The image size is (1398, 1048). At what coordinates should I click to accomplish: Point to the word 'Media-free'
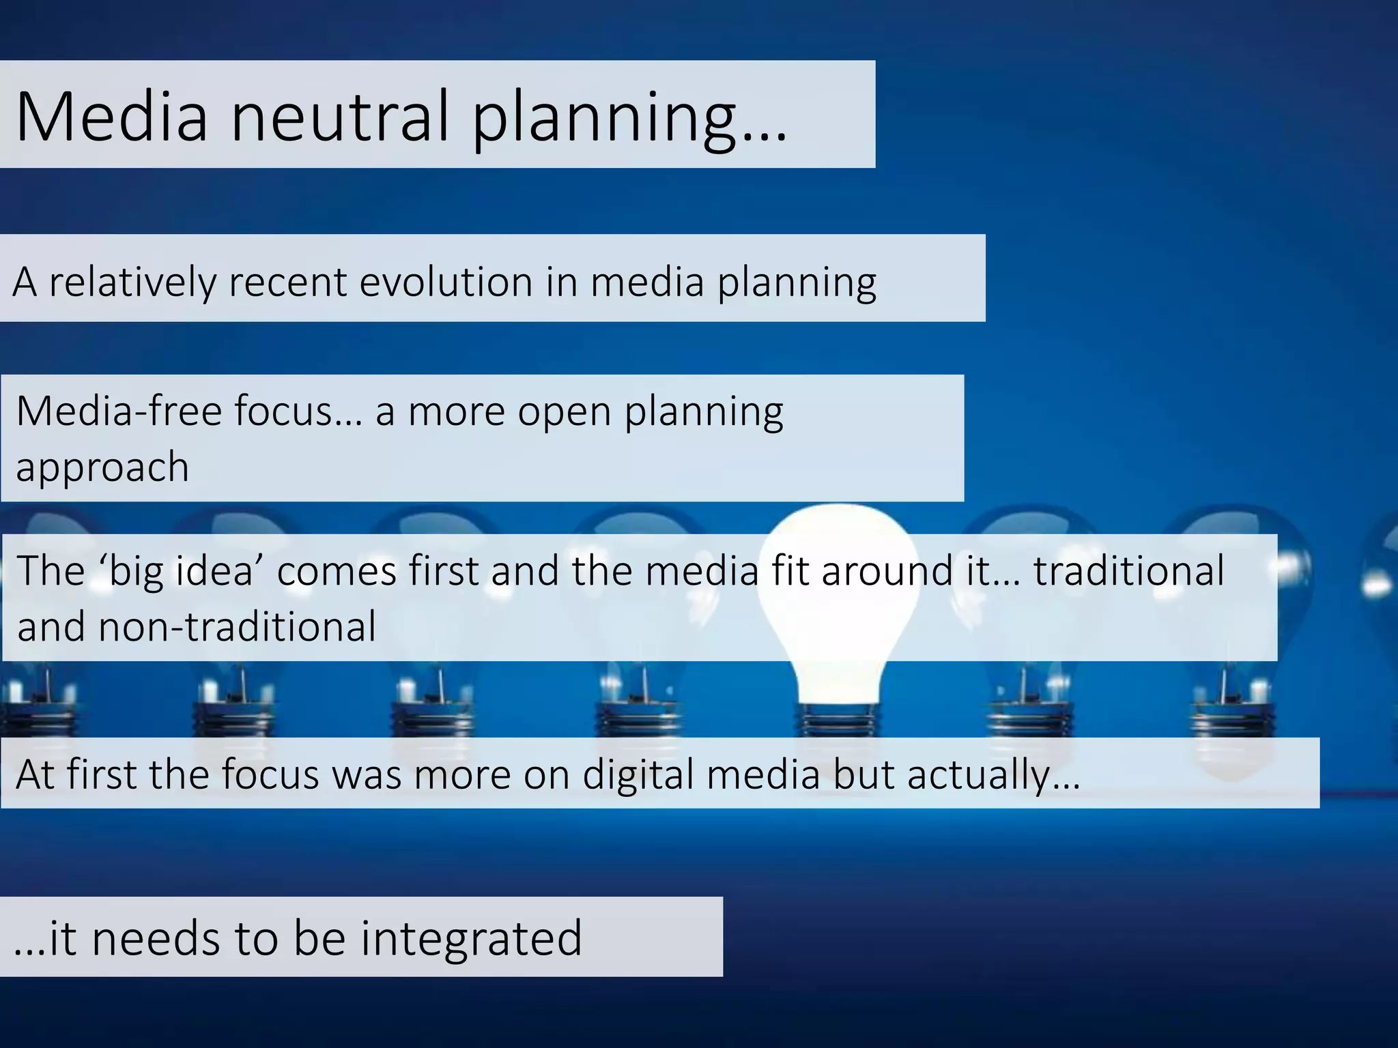[119, 411]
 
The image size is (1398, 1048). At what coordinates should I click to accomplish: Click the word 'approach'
[102, 469]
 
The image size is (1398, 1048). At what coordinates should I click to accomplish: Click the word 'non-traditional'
[237, 626]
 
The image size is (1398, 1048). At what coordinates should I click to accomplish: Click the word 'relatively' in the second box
[132, 282]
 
